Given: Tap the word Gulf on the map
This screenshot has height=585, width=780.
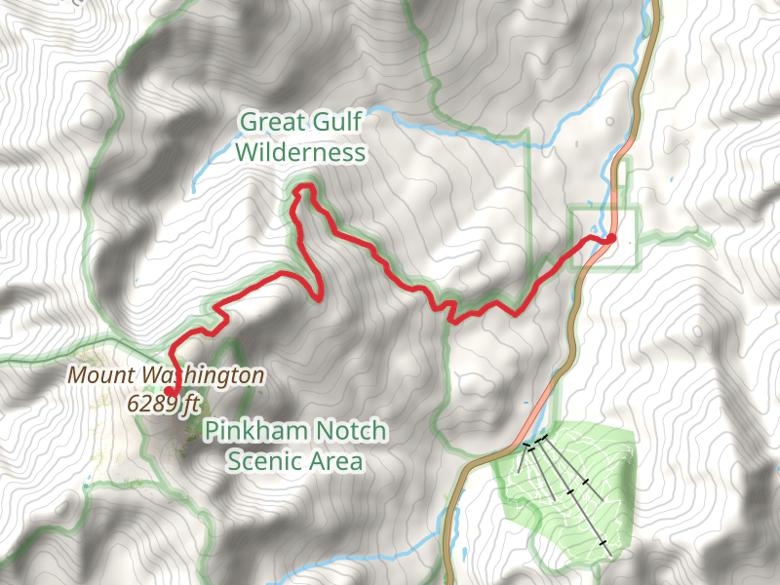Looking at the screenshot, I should (x=335, y=122).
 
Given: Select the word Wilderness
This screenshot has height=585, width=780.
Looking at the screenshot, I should (x=300, y=153).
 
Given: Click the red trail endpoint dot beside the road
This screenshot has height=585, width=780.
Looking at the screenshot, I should (x=611, y=238).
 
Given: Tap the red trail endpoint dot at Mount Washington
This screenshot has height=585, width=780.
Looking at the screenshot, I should (x=170, y=391).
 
